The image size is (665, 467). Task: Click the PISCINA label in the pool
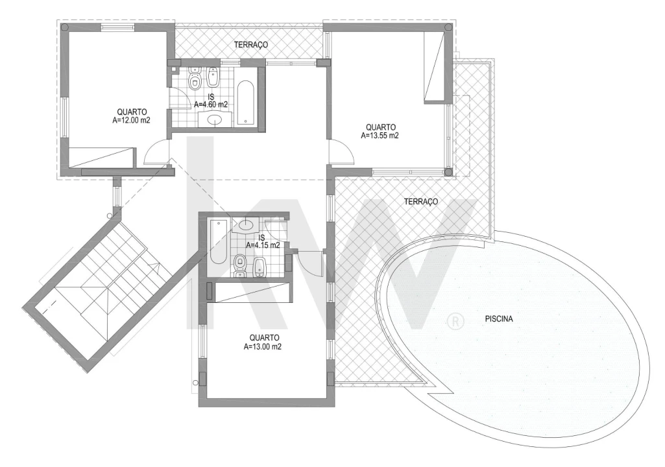pos(499,318)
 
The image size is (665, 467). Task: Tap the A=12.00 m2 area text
pos(132,120)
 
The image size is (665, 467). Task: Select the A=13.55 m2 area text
pos(380,136)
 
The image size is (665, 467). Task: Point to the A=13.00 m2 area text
pos(263,346)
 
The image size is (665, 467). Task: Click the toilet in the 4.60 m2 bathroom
pos(195,78)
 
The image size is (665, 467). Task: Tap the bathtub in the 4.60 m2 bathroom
pos(245,103)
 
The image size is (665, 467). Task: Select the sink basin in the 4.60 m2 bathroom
pos(216,120)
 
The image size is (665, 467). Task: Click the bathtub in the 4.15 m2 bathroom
pos(219,242)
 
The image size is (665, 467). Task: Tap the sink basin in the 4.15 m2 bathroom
pos(247,224)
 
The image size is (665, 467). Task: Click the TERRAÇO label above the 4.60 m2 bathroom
pos(251,45)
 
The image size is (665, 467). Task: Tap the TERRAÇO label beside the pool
pos(420,202)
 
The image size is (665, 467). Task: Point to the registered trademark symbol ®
pos(455,321)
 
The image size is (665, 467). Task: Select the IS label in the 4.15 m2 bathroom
pos(261,237)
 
